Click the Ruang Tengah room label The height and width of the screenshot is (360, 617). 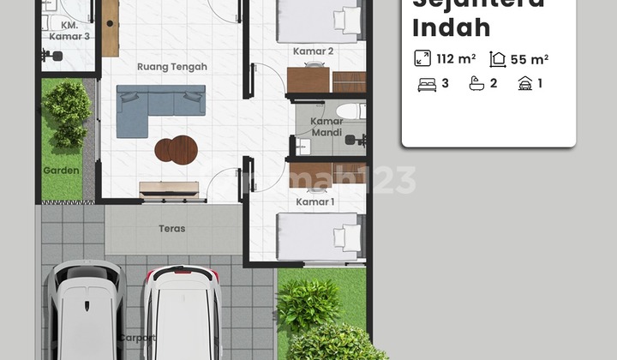click(171, 66)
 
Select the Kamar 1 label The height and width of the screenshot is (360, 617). click(314, 201)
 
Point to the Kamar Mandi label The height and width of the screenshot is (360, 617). click(326, 128)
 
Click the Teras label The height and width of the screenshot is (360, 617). click(171, 229)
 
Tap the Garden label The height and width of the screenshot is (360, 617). click(61, 171)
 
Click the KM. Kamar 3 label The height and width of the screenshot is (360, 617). click(68, 32)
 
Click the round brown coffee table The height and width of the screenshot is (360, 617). click(176, 150)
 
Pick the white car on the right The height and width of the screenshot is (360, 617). click(182, 313)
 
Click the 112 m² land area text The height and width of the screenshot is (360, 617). click(455, 59)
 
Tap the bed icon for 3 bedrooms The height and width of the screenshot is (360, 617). click(426, 84)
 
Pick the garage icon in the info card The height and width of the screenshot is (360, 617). click(524, 84)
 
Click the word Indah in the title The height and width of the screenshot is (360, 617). click(452, 27)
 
